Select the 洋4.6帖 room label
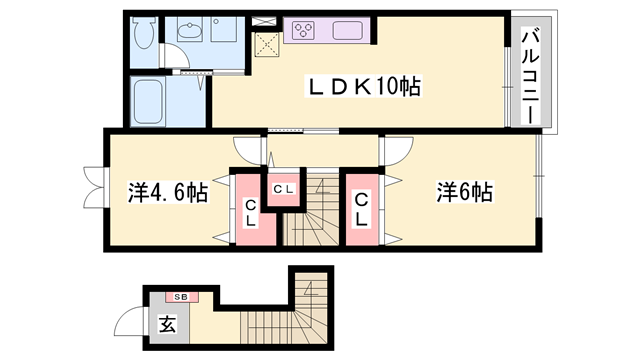click(x=168, y=193)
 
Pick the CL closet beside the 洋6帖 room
click(x=362, y=209)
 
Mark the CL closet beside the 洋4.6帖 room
click(x=250, y=211)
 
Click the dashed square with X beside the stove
click(x=266, y=43)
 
